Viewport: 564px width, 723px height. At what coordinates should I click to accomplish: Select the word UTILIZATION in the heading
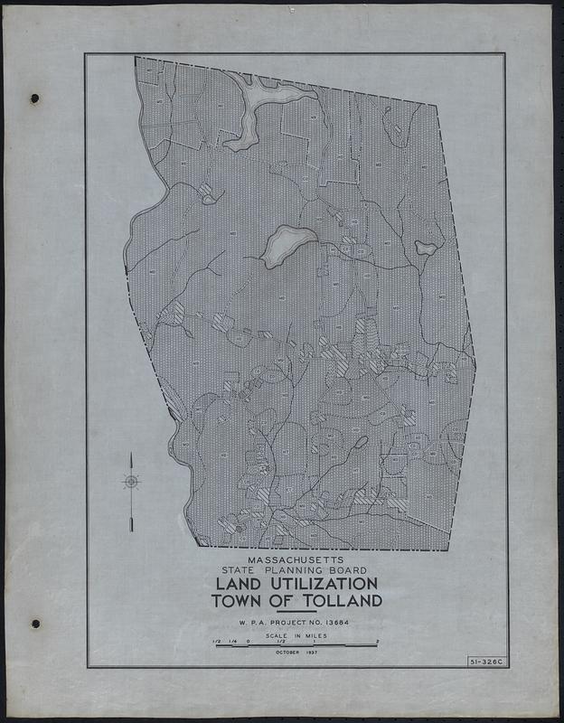pyautogui.click(x=319, y=584)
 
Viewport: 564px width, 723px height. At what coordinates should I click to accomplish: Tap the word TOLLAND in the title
pyautogui.click(x=338, y=601)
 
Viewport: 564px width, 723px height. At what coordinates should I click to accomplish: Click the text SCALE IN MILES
pyautogui.click(x=296, y=637)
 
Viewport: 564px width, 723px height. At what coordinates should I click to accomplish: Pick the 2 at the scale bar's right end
pyautogui.click(x=377, y=642)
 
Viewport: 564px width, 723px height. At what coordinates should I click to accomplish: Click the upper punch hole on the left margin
pyautogui.click(x=35, y=99)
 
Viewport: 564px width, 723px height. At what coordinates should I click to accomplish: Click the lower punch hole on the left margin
pyautogui.click(x=35, y=624)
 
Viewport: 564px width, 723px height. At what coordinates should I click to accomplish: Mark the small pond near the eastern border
pyautogui.click(x=426, y=246)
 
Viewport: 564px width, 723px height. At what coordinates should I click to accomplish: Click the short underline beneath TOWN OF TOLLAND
pyautogui.click(x=296, y=612)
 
